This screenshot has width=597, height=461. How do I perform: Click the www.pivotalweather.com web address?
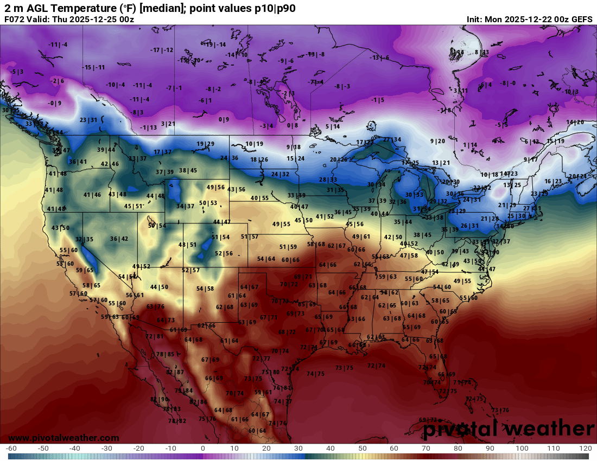64,438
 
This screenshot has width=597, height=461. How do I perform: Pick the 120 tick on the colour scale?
586,449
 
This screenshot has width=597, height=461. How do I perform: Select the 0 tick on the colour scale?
202,449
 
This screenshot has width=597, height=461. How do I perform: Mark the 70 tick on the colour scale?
426,449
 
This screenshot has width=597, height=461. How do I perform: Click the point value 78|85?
165,354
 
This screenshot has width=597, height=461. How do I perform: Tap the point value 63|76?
155,307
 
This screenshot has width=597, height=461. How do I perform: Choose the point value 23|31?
88,120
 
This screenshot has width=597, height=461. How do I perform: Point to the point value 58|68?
316,244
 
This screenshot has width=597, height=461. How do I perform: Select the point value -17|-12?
162,50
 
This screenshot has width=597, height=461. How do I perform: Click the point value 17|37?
162,152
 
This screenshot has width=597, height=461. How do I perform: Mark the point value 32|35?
84,239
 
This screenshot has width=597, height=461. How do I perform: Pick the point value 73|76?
500,410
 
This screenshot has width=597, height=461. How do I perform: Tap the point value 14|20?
575,122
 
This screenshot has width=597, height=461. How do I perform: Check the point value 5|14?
333,126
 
